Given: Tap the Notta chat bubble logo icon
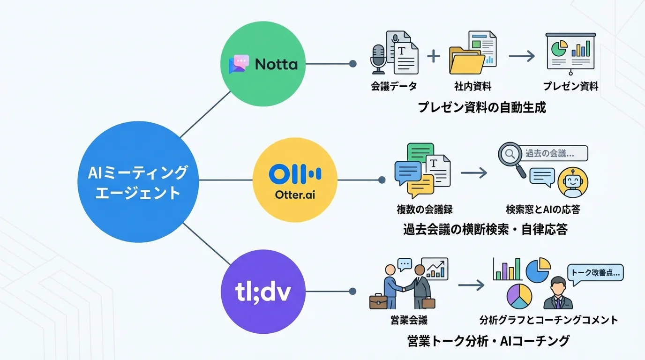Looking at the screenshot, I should tap(239, 64).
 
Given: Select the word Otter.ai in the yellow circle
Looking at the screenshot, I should tap(294, 194).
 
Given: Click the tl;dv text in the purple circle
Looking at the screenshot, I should tap(262, 292).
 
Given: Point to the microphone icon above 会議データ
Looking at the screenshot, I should tap(378, 59).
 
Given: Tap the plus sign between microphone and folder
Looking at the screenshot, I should tap(434, 56).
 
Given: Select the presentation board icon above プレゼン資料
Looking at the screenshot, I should tap(570, 53).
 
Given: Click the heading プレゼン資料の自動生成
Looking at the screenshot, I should tap(482, 107).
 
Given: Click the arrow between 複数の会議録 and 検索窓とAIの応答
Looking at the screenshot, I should tap(473, 172).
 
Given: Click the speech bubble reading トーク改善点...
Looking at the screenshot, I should tap(595, 271).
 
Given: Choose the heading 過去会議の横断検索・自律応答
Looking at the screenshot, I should tap(485, 229).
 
